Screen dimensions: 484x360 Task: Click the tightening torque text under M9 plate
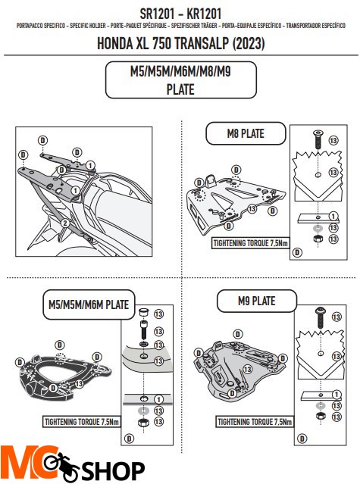252,420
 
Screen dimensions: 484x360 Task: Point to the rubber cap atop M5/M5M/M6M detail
142,311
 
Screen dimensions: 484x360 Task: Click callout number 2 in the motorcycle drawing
66,223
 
